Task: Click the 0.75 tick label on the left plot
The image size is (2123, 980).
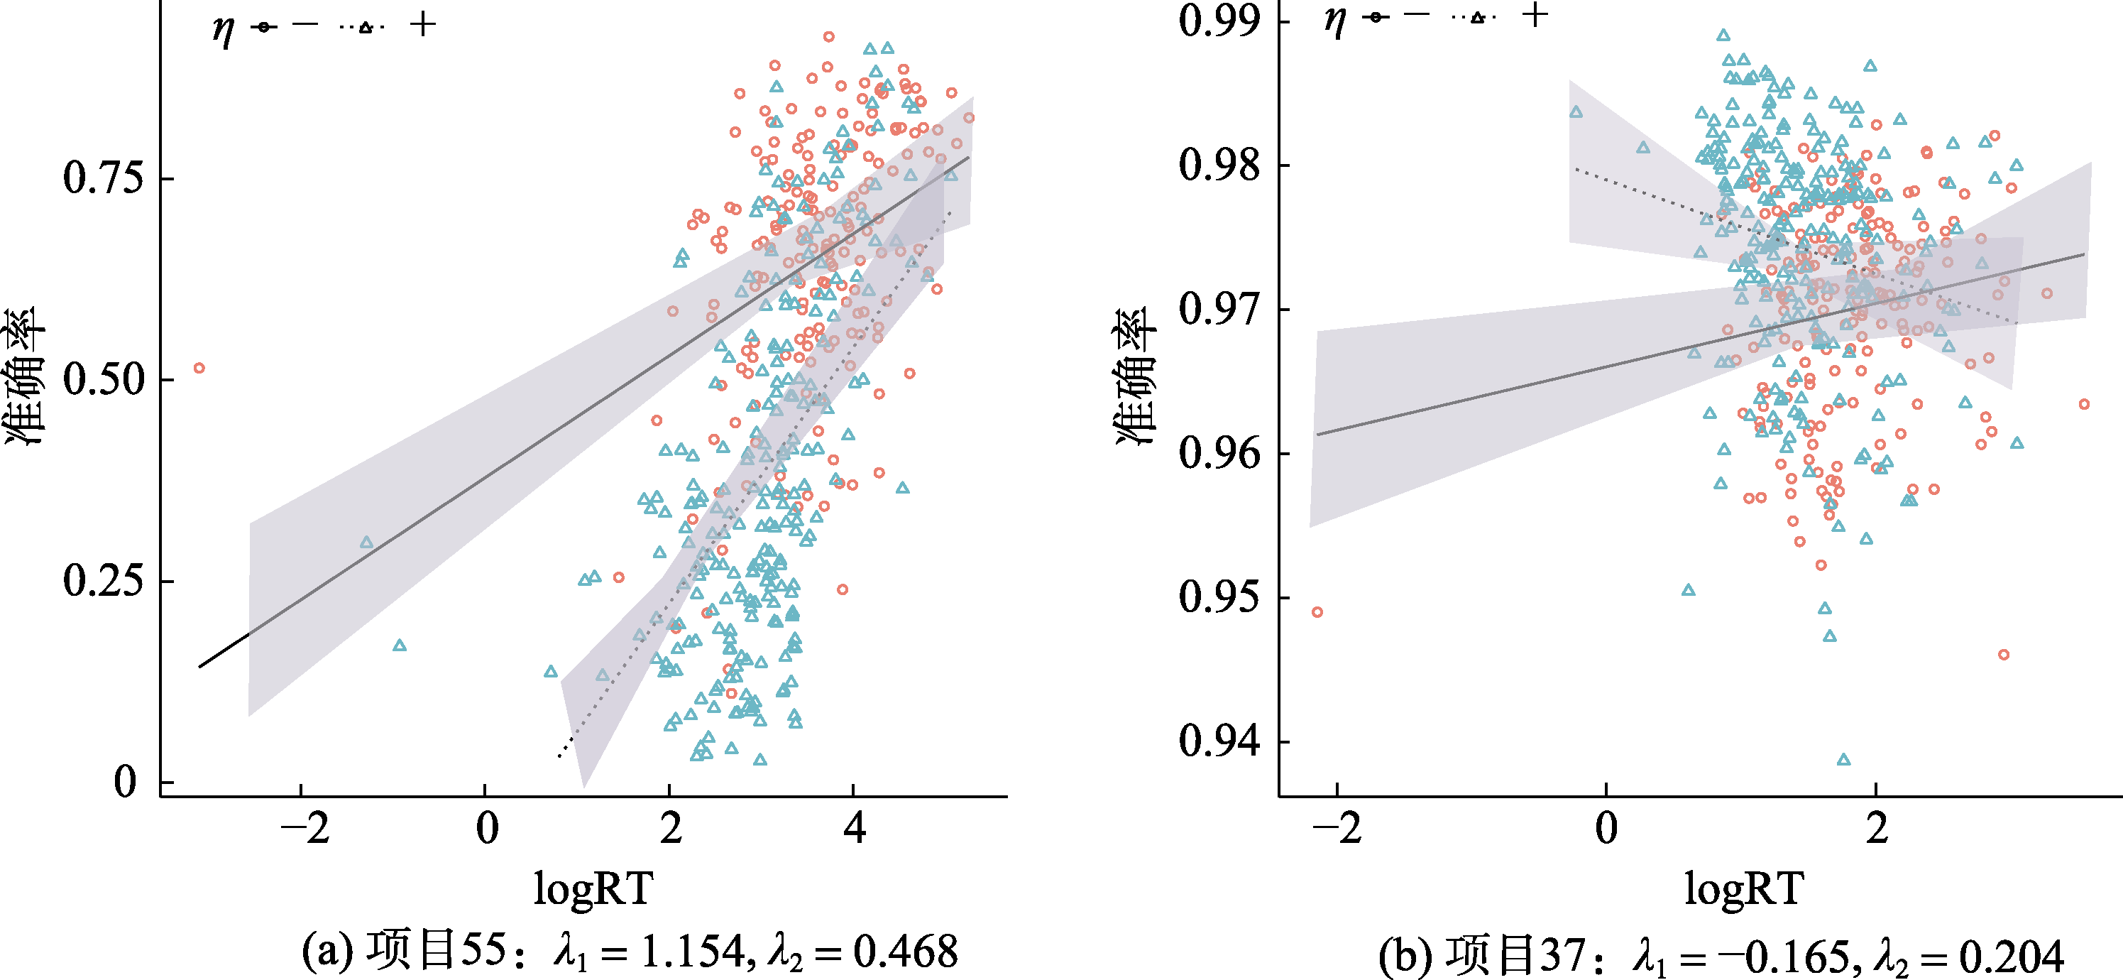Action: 102,178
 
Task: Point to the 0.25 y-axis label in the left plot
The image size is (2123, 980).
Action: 102,581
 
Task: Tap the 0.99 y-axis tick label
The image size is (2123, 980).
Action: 1219,21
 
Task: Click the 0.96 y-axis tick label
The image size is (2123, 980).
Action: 1219,453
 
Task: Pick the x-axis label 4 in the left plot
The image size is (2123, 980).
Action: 854,827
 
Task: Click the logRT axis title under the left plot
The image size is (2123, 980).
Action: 593,889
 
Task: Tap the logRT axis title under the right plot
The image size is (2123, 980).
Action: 1743,889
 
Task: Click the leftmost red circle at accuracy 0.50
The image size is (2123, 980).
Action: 199,369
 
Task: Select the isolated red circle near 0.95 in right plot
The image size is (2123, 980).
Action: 1317,612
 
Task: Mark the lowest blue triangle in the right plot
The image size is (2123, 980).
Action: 1843,759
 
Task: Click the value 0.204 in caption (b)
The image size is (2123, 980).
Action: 2011,956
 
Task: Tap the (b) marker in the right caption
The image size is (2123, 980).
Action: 1401,956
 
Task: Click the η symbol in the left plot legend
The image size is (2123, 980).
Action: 222,30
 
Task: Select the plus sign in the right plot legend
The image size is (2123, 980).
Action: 1535,14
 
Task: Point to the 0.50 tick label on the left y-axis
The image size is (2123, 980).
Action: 102,379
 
